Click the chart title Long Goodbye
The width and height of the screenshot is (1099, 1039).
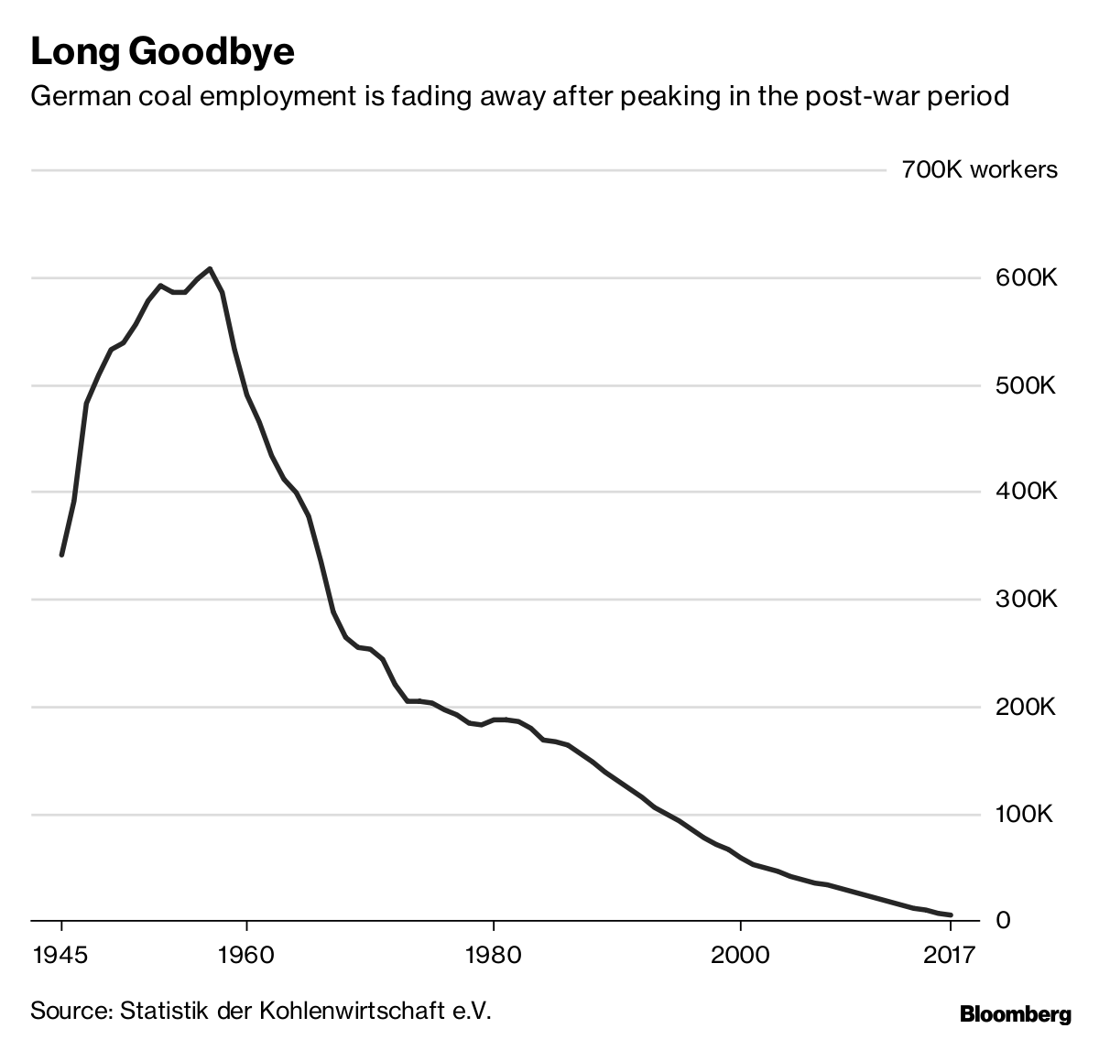tap(163, 52)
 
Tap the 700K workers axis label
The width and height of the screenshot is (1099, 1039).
tap(979, 170)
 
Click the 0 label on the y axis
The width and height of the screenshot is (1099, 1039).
tap(1003, 920)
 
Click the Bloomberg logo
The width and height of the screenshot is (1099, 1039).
tap(1015, 1014)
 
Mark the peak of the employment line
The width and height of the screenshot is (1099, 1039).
tap(210, 268)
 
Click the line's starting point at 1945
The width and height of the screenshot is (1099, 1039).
tap(61, 555)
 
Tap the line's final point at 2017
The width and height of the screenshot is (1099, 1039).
tap(951, 915)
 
